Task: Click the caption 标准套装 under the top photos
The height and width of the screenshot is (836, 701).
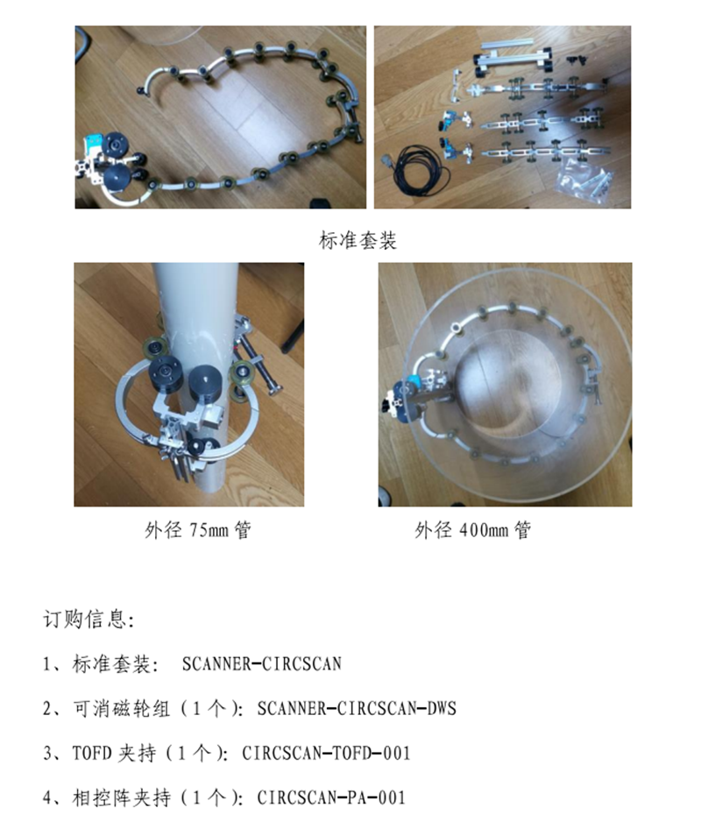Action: pos(358,240)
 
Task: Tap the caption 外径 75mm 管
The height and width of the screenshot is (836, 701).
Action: pos(197,530)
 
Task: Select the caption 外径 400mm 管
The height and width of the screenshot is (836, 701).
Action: pos(473,530)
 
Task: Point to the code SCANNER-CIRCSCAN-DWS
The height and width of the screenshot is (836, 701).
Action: pos(357,709)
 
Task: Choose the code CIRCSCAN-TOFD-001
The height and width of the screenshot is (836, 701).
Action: pos(326,754)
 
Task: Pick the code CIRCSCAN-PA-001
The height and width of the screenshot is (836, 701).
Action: pos(331,797)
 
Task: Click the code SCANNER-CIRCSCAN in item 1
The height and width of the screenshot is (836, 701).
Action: pos(261,663)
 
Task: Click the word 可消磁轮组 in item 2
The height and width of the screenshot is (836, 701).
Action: pos(122,709)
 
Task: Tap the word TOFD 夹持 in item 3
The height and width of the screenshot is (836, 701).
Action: pos(114,754)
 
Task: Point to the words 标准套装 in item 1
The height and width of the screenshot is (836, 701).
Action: pos(111,663)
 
